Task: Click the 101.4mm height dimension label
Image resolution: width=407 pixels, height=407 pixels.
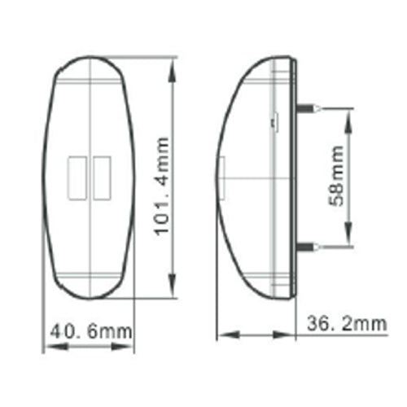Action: tap(162, 186)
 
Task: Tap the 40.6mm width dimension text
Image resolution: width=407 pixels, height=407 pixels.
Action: tap(91, 331)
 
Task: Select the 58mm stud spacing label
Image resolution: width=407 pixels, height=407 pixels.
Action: tap(336, 176)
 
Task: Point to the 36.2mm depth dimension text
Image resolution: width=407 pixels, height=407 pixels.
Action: tap(347, 323)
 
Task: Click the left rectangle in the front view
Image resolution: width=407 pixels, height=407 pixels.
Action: tap(77, 178)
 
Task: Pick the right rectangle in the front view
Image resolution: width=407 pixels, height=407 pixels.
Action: tap(102, 178)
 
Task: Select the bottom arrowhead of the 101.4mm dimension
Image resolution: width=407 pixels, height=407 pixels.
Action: tap(172, 286)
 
